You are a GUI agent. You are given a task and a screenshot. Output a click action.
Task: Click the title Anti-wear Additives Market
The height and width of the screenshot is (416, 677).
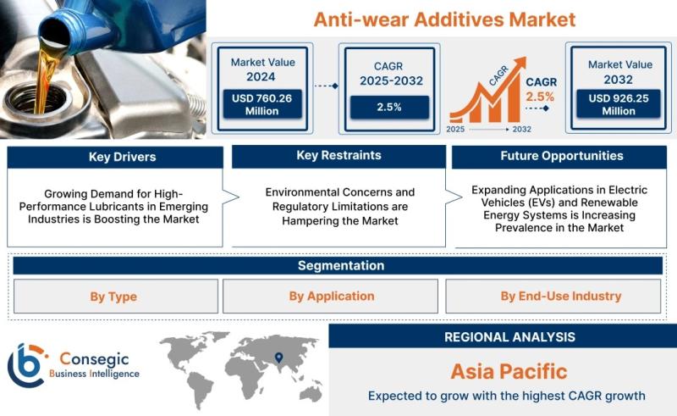pos(444,19)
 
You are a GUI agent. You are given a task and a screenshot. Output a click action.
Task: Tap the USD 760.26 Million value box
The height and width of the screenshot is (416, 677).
pos(262,104)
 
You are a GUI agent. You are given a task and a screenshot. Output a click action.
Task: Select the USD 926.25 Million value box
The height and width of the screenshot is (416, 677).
pos(619,103)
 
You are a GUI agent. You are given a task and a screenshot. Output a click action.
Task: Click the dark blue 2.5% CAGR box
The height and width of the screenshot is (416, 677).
pos(389,108)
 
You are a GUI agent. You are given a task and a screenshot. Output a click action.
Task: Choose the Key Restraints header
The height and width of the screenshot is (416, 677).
pos(339,156)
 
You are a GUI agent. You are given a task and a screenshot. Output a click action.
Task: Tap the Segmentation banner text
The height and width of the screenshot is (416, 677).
pos(341,265)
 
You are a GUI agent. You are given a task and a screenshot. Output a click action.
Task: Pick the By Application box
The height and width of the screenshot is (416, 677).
pos(330,297)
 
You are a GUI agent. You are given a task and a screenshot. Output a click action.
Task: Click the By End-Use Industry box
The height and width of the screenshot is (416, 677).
pos(553,297)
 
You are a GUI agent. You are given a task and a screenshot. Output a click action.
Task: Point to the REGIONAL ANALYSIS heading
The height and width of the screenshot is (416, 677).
pos(510,337)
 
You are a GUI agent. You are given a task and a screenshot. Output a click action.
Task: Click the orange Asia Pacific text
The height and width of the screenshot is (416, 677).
pos(509,371)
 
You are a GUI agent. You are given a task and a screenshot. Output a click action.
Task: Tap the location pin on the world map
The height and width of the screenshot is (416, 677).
pos(279,358)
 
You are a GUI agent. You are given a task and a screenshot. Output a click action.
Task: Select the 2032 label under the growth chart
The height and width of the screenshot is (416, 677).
pos(521,130)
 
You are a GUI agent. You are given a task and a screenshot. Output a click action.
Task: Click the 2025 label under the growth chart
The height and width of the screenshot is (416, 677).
pos(455,130)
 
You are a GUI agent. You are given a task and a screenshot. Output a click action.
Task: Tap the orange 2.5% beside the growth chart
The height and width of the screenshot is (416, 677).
pos(540,97)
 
